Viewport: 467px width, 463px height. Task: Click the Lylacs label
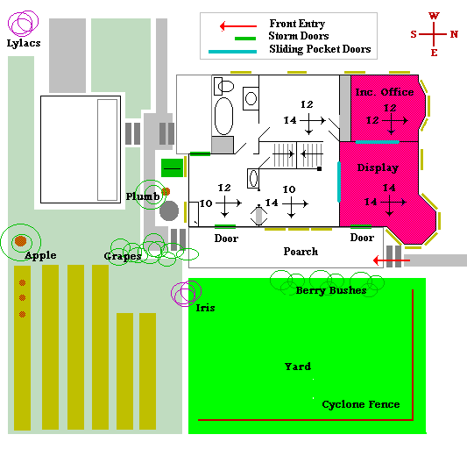click(x=24, y=43)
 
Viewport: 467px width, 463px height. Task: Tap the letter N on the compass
click(x=454, y=34)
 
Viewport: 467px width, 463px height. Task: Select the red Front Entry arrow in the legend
click(x=238, y=26)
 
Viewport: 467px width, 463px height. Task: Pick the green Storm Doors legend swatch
click(x=245, y=39)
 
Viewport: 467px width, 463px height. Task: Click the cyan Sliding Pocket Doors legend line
click(x=232, y=52)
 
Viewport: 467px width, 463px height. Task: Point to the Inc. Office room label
click(x=385, y=92)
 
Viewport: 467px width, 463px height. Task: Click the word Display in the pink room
click(x=378, y=167)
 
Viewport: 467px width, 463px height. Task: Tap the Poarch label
click(x=301, y=252)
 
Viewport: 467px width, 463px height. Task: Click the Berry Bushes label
click(x=331, y=290)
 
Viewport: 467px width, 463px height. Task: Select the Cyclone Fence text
click(x=361, y=404)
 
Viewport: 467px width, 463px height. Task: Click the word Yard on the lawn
click(x=298, y=367)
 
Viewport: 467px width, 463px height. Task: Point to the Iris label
click(x=205, y=308)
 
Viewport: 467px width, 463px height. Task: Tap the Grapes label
click(x=123, y=256)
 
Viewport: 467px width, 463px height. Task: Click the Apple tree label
click(x=40, y=255)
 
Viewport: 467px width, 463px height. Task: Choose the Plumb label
click(x=143, y=196)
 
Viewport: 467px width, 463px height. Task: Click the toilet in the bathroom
click(x=224, y=87)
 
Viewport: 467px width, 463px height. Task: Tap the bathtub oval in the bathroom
click(x=223, y=117)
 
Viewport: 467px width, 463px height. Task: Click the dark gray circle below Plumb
click(x=169, y=210)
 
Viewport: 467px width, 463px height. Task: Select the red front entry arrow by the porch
click(x=392, y=260)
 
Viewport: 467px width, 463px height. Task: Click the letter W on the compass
click(x=434, y=16)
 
